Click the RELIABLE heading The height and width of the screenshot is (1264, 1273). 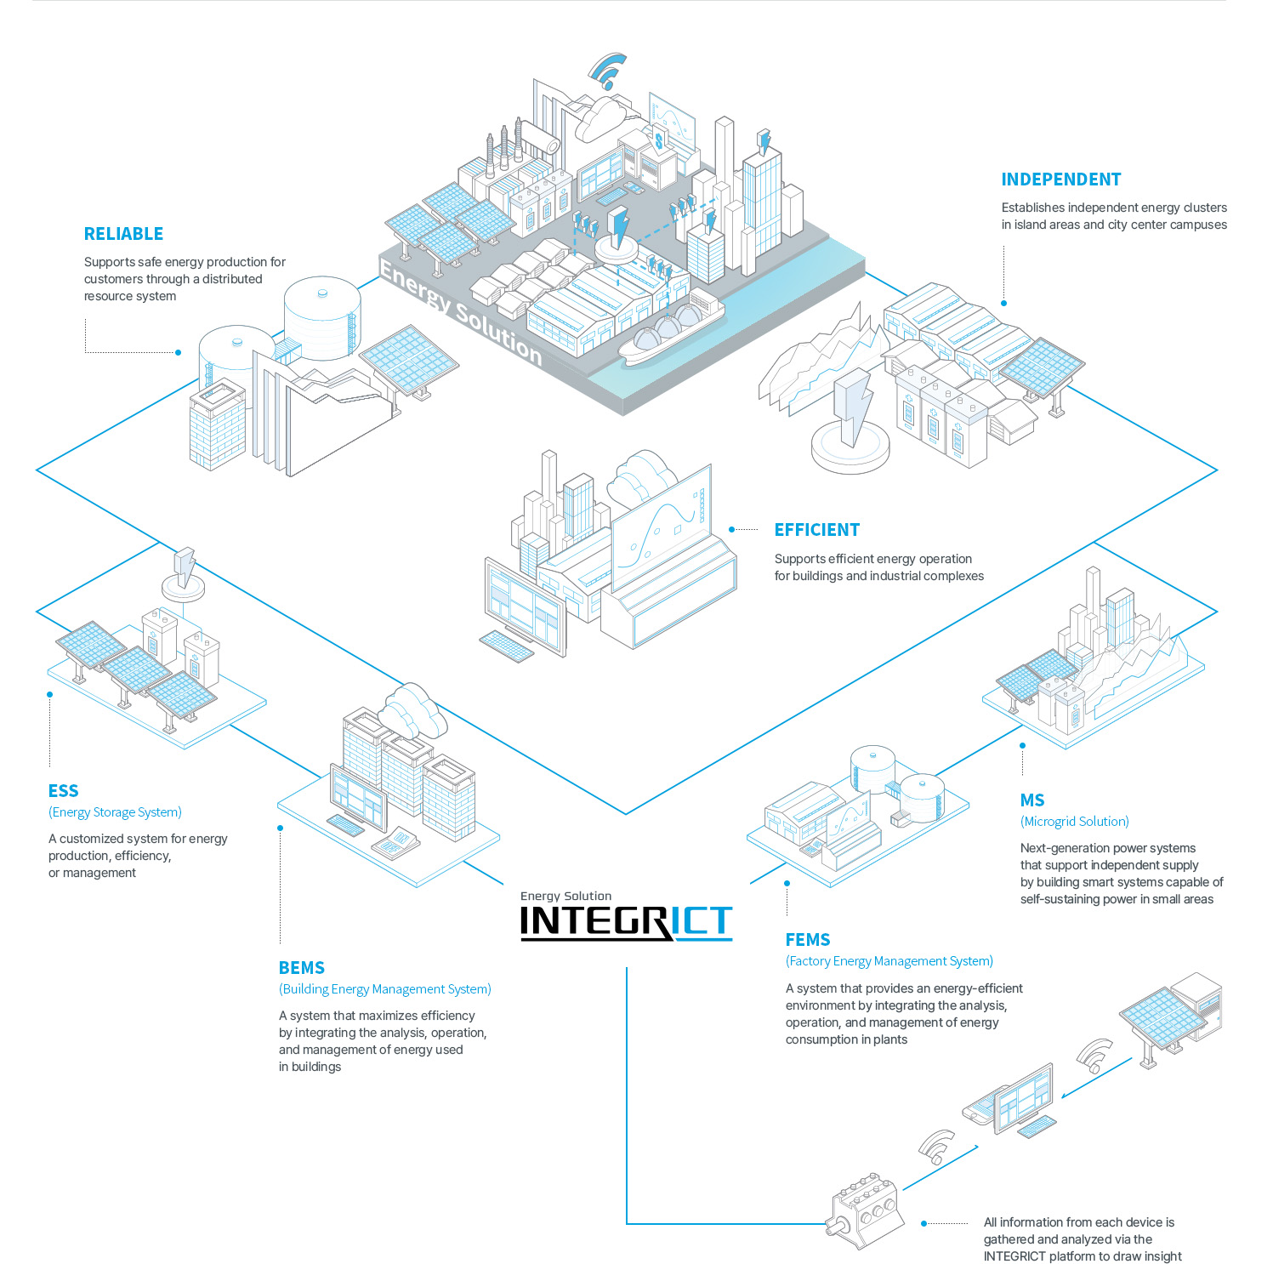pyautogui.click(x=123, y=234)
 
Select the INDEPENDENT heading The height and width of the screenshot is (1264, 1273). pyautogui.click(x=1060, y=179)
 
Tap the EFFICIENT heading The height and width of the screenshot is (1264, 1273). pyautogui.click(x=816, y=530)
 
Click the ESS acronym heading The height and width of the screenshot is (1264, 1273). pyautogui.click(x=63, y=791)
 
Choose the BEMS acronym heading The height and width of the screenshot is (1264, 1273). pyautogui.click(x=302, y=968)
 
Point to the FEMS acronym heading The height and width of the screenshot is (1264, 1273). pyautogui.click(x=808, y=940)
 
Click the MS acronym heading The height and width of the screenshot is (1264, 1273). pyautogui.click(x=1032, y=800)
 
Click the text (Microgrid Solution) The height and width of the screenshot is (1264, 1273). pyautogui.click(x=1075, y=822)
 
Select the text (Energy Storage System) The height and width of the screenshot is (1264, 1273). pyautogui.click(x=115, y=812)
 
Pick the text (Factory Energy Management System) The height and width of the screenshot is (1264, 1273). pyautogui.click(x=889, y=961)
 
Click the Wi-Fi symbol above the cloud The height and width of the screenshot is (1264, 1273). pyautogui.click(x=608, y=71)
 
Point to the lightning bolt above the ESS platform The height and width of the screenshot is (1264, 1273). pyautogui.click(x=185, y=566)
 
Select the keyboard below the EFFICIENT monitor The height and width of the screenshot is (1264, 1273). pyautogui.click(x=507, y=646)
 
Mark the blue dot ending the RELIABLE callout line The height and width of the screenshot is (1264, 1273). pyautogui.click(x=178, y=352)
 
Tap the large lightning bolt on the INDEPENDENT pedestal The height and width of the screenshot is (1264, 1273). pyautogui.click(x=853, y=407)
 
